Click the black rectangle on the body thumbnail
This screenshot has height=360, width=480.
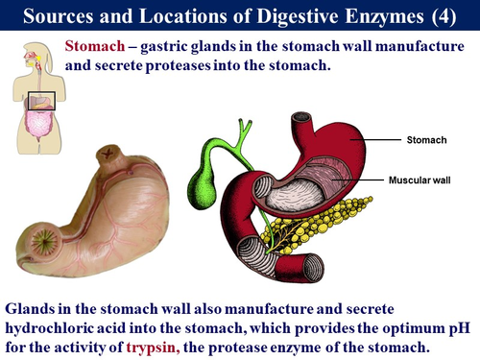pyautogui.click(x=40, y=100)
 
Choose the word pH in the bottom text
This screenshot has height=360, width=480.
pyautogui.click(x=450, y=327)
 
